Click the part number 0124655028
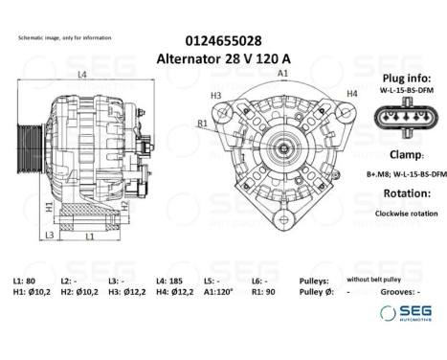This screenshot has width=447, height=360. click(x=223, y=40)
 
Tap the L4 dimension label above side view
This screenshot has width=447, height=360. click(x=82, y=75)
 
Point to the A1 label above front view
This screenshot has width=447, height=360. click(x=283, y=74)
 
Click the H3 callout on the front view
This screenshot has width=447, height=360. click(x=215, y=96)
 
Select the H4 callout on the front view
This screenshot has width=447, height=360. click(x=351, y=93)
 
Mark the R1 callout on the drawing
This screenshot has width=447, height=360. click(x=203, y=124)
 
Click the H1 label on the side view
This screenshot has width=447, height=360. click(x=49, y=206)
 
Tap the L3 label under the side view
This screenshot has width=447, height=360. click(x=49, y=235)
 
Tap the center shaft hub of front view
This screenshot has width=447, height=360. click(x=284, y=151)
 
